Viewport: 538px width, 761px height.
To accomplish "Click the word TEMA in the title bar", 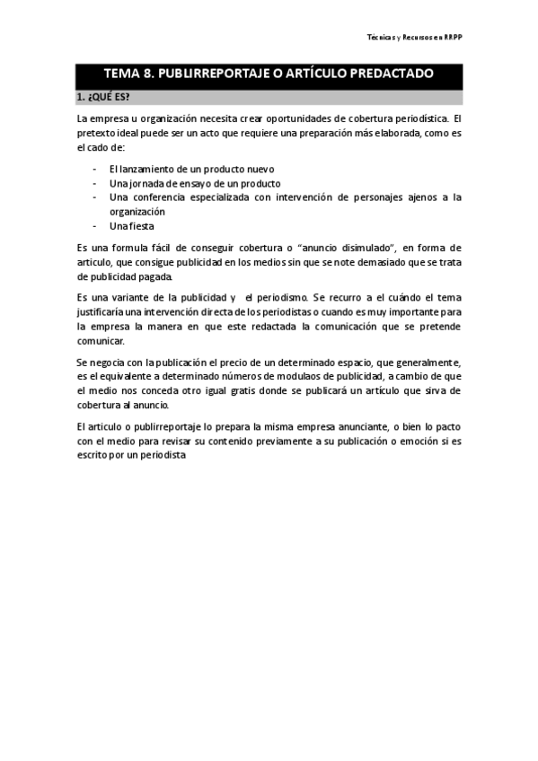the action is [x=123, y=74].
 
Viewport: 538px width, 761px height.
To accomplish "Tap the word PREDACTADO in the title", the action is [x=387, y=74].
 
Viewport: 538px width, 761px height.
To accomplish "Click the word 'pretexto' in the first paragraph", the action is [x=97, y=133].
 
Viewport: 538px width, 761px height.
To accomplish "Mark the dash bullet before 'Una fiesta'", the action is [x=96, y=226].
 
